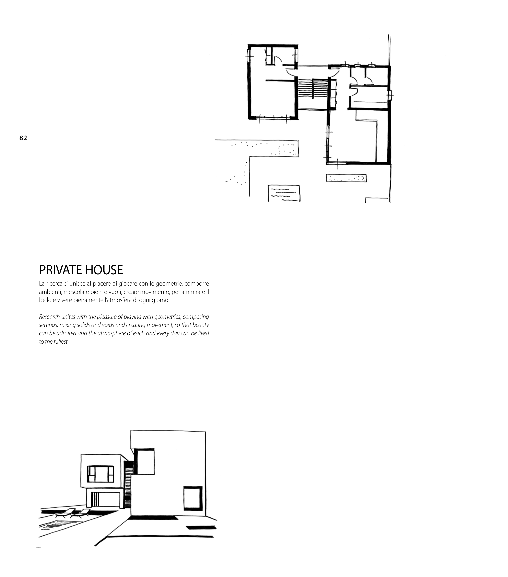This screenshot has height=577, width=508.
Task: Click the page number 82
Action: [23, 138]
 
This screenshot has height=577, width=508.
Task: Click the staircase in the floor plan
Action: [313, 88]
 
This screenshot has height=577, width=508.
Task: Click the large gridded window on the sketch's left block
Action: [100, 474]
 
